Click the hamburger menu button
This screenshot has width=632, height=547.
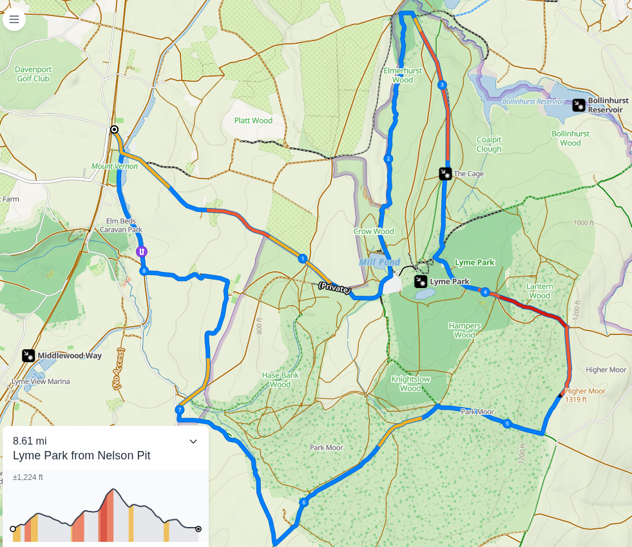click(14, 19)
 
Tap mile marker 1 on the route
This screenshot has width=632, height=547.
click(302, 258)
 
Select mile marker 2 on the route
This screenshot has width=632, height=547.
click(388, 158)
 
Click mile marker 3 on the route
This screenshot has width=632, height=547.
click(441, 85)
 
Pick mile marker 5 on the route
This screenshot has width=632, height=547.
click(507, 423)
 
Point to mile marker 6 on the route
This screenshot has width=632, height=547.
click(303, 503)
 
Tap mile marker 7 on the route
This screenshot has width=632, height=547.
click(180, 410)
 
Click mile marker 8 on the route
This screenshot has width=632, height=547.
click(144, 271)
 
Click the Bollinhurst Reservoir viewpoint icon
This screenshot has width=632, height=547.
click(579, 106)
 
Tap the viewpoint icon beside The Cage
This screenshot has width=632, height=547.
click(445, 173)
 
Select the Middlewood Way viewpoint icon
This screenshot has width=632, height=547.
click(28, 356)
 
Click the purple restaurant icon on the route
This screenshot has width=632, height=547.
click(142, 251)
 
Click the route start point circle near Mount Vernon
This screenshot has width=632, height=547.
click(114, 130)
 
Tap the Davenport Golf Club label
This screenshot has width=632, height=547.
click(33, 73)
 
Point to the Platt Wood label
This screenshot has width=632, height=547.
click(253, 120)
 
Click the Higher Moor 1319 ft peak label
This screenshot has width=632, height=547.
click(585, 395)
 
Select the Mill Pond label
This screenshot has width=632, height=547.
click(379, 262)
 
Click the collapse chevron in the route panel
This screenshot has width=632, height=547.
click(193, 441)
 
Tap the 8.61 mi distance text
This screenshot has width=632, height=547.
click(30, 441)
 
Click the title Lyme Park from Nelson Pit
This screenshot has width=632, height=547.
click(81, 456)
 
